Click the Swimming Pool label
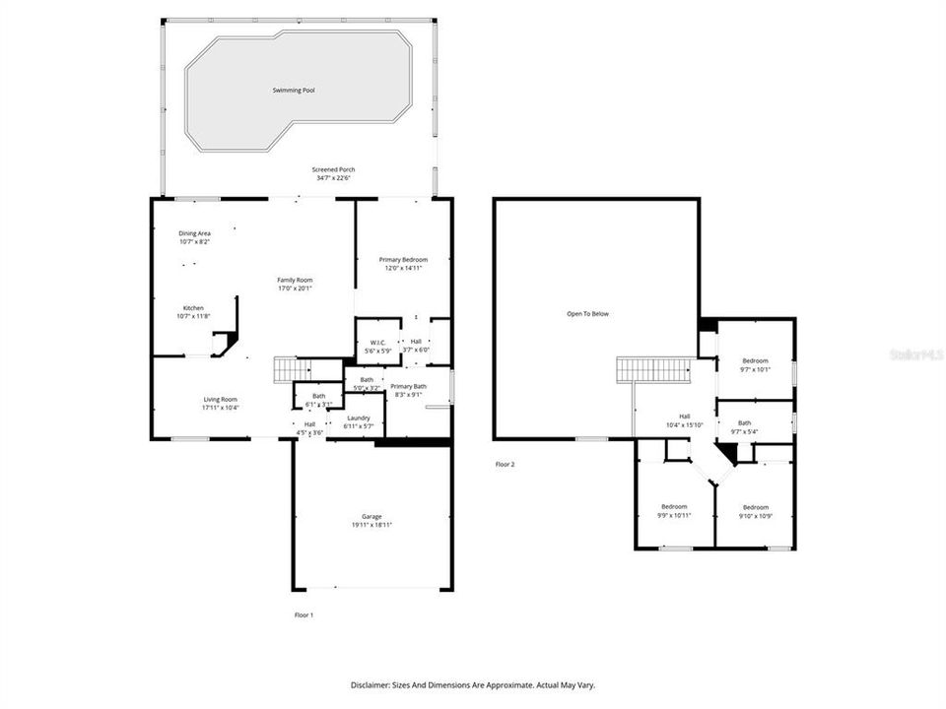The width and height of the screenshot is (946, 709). (x=294, y=91)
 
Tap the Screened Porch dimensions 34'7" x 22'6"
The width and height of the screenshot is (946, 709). (x=335, y=178)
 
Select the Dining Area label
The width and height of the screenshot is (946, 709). (x=194, y=233)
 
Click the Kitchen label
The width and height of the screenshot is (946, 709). (x=193, y=308)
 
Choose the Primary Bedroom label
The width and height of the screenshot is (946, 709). (x=403, y=259)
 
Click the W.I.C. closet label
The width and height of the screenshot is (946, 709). (x=377, y=343)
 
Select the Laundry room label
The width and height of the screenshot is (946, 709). (x=358, y=418)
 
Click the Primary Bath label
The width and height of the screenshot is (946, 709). (x=407, y=386)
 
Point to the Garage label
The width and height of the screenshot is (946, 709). (x=372, y=516)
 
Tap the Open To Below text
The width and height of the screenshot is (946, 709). (x=587, y=314)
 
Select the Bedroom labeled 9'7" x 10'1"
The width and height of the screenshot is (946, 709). (x=755, y=361)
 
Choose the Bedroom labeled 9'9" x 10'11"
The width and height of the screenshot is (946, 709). (x=674, y=507)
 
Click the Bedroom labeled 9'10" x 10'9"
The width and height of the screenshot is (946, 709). (x=756, y=507)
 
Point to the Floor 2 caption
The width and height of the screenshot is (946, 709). (x=505, y=464)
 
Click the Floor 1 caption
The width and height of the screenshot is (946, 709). (x=304, y=614)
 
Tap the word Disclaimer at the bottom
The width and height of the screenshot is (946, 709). (x=372, y=684)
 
